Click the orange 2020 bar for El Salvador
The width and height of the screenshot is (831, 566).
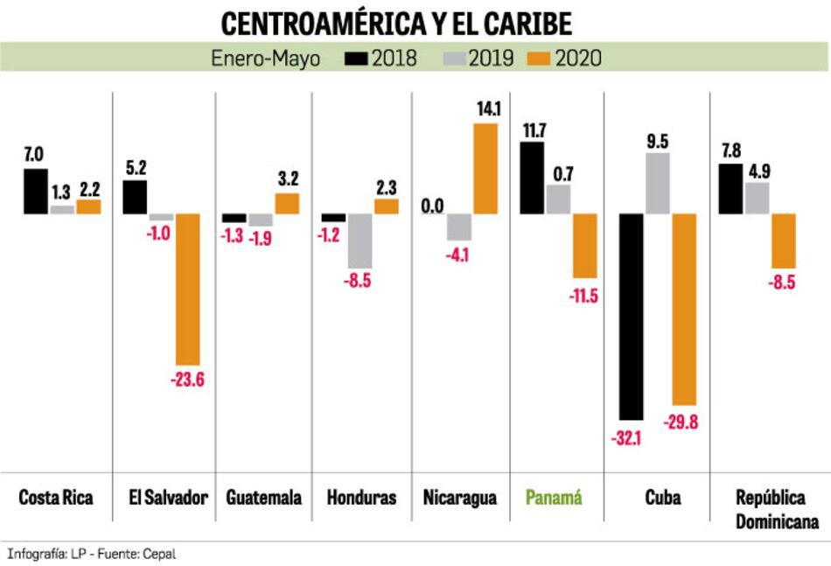tap(188, 289)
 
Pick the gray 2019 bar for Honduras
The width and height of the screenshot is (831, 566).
tap(360, 241)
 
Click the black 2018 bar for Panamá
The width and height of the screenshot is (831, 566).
tap(533, 178)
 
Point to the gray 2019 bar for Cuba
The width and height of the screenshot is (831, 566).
tap(658, 183)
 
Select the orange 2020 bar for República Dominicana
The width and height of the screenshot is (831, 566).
tap(784, 241)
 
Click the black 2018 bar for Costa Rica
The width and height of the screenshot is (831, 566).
tap(36, 191)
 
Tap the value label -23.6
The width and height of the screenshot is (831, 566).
tap(186, 381)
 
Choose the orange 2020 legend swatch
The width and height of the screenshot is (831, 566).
tap(539, 59)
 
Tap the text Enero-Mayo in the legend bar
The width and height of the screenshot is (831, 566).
tap(265, 59)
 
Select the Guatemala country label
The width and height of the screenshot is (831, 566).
tap(263, 498)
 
